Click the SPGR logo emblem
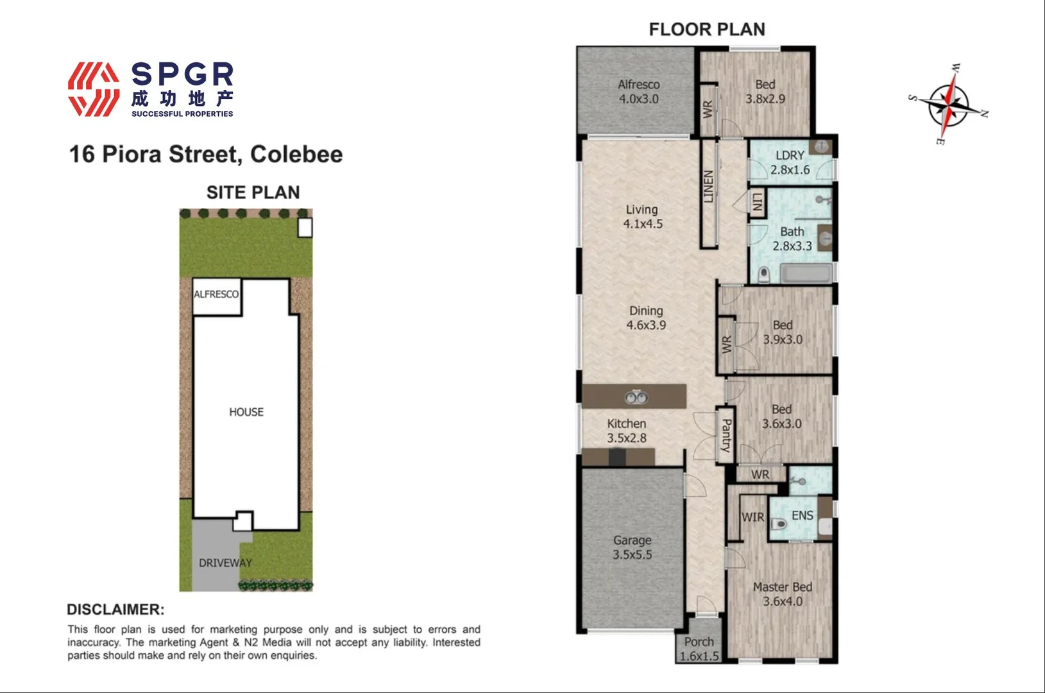pyautogui.click(x=94, y=89)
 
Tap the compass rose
pyautogui.click(x=948, y=105)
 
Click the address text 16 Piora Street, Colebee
pyautogui.click(x=206, y=155)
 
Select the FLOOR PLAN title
pyautogui.click(x=707, y=30)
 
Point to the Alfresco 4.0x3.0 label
pyautogui.click(x=638, y=92)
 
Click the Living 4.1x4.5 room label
pyautogui.click(x=642, y=217)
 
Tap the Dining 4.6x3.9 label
pyautogui.click(x=646, y=318)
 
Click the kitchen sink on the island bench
pyautogui.click(x=636, y=398)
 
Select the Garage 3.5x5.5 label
pyautogui.click(x=632, y=548)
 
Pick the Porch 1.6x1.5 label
pyautogui.click(x=699, y=649)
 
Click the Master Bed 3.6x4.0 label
pyautogui.click(x=782, y=594)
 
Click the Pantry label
pyautogui.click(x=726, y=436)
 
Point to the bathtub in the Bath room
pyautogui.click(x=807, y=274)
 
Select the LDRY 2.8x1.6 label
pyautogui.click(x=790, y=163)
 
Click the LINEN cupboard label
pyautogui.click(x=709, y=187)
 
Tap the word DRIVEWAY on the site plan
pyautogui.click(x=225, y=563)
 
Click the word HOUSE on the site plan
pyautogui.click(x=246, y=412)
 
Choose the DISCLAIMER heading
pyautogui.click(x=115, y=610)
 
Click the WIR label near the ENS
pyautogui.click(x=752, y=517)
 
